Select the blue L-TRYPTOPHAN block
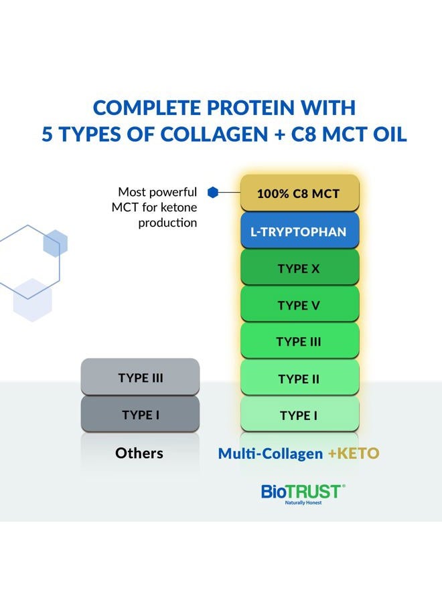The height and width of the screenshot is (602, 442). (x=299, y=232)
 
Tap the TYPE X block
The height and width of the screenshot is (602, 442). (x=299, y=269)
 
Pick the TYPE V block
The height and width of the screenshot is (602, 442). (x=299, y=306)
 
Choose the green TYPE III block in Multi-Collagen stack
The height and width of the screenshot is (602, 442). (x=299, y=342)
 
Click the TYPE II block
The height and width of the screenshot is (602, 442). (x=299, y=379)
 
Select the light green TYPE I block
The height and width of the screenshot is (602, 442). (x=299, y=416)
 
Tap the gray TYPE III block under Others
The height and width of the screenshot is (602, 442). (x=141, y=378)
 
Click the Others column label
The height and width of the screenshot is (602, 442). (x=139, y=454)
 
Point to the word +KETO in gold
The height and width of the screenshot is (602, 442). (x=354, y=454)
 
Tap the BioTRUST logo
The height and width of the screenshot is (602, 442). (x=303, y=492)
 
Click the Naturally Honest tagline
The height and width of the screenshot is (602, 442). (x=303, y=503)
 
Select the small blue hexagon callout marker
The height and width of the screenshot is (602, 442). (x=213, y=193)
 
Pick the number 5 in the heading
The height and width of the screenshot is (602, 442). (x=48, y=133)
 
